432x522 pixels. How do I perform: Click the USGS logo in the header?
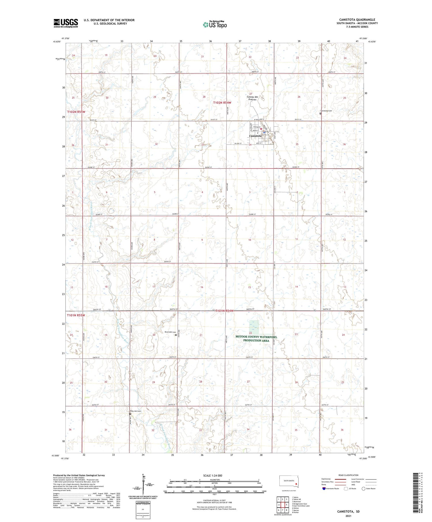66,23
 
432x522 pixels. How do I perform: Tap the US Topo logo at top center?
215,24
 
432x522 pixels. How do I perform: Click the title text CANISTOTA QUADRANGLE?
357,20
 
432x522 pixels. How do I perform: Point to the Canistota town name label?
255,136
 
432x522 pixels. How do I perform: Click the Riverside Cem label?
170,332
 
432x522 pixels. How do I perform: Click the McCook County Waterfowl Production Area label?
256,339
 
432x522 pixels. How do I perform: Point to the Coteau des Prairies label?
252,98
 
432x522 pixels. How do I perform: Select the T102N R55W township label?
76,112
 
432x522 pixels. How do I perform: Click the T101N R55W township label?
76,315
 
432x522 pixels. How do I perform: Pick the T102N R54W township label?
222,103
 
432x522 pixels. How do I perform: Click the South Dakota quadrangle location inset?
289,482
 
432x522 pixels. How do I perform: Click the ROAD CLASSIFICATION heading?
348,475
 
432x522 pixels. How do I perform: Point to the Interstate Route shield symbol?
324,489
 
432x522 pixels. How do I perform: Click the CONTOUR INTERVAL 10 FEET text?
214,501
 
